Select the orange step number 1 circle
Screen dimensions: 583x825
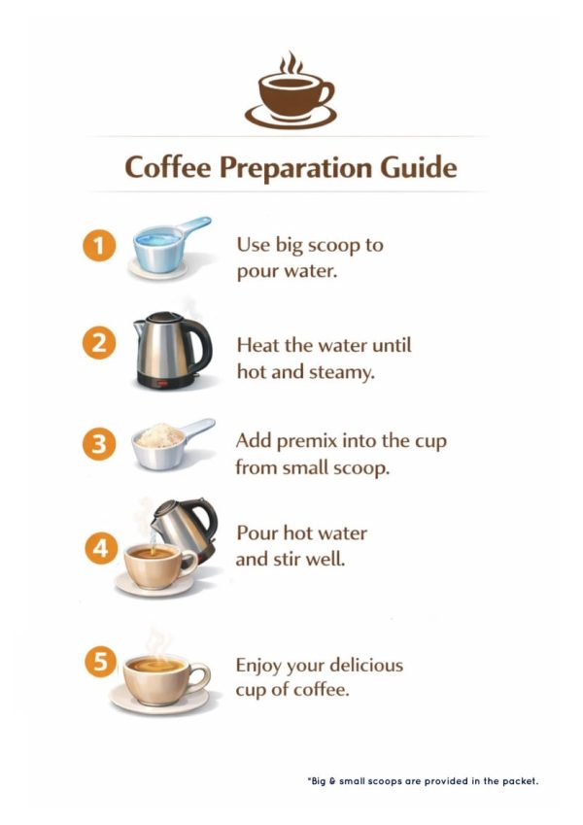(x=99, y=245)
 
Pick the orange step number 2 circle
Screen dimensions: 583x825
(x=99, y=343)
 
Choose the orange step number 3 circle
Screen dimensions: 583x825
(x=99, y=444)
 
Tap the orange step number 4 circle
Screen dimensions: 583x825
(x=100, y=548)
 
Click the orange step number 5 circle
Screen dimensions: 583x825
(x=100, y=661)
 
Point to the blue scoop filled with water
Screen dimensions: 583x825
(x=169, y=246)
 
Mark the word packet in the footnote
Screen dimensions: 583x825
(x=520, y=781)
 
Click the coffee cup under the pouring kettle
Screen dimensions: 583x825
(x=156, y=568)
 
